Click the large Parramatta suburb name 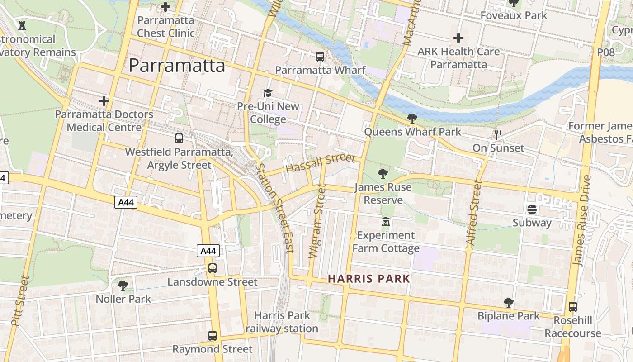coord(177,66)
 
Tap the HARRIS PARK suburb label coord(369,279)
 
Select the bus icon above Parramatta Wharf coord(320,57)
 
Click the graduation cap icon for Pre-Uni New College coord(268,93)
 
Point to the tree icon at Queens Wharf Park coord(412,119)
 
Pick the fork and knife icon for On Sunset coord(498,134)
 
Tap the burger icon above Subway coord(532,210)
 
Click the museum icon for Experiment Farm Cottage coord(386,222)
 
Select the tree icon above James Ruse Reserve coord(383,173)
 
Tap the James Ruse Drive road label coord(581,220)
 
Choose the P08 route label coord(606,52)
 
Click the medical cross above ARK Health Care coord(458,38)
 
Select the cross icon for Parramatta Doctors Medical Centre coord(104,100)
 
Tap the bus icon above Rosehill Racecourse coord(573,306)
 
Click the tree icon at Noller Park coord(123,286)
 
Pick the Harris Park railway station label coord(282,322)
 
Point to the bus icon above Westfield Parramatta coord(179,138)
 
